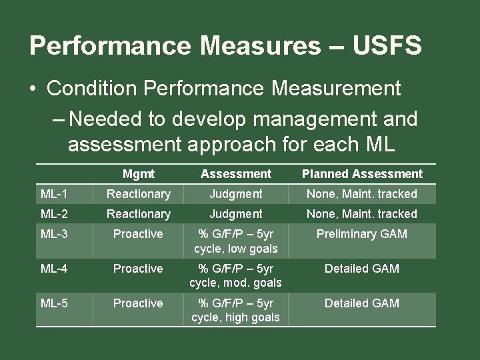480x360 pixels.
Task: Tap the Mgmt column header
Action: (138, 174)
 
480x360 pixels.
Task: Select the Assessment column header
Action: (236, 174)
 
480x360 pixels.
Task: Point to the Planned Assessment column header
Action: (362, 174)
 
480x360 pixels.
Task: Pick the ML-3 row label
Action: (54, 234)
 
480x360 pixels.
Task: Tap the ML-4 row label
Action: (54, 269)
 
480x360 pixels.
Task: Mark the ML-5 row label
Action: (54, 303)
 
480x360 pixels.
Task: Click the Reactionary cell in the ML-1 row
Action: (139, 194)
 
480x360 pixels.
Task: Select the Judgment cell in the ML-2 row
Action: (236, 214)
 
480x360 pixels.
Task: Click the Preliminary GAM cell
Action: (362, 234)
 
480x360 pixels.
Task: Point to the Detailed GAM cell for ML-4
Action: (362, 269)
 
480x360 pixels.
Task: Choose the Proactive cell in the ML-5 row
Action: (138, 303)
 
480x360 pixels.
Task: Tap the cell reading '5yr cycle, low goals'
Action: (236, 241)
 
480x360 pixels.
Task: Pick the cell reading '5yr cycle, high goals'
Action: (236, 311)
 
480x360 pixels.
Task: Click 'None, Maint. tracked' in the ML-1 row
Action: (362, 194)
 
